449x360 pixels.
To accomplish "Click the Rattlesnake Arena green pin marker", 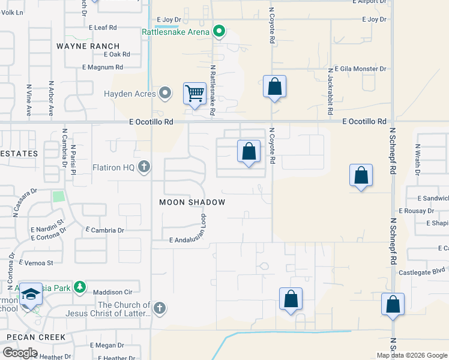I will pyautogui.click(x=219, y=31).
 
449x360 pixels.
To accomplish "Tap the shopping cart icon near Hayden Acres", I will pyautogui.click(x=194, y=94).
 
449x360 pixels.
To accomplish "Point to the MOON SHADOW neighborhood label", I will pyautogui.click(x=192, y=202).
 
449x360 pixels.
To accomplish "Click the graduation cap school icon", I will pyautogui.click(x=31, y=293).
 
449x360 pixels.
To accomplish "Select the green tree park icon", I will pyautogui.click(x=79, y=288).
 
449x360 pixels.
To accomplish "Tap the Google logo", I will pyautogui.click(x=20, y=353).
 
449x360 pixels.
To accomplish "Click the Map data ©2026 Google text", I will pyautogui.click(x=412, y=355).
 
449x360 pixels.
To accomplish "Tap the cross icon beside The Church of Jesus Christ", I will pyautogui.click(x=158, y=308).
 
